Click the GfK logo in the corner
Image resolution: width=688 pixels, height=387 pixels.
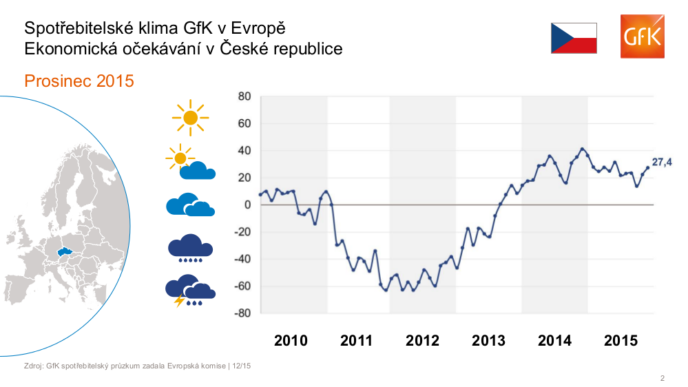642,37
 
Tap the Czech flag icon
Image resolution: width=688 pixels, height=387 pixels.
573,38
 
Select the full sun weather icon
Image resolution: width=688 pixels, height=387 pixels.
190,118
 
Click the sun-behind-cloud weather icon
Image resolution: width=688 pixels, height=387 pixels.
190,163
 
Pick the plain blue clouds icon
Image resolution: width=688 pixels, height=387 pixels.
190,205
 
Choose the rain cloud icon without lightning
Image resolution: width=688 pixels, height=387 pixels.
190,248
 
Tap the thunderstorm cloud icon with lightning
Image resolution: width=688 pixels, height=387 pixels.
190,291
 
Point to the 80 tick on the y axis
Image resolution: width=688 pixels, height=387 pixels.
244,96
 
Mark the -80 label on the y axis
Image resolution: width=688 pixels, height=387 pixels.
242,313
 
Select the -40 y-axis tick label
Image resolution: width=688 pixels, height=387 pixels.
242,260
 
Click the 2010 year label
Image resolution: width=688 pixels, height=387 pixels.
291,341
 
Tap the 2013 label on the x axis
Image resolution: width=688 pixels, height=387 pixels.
488,341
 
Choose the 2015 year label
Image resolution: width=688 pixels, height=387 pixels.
621,341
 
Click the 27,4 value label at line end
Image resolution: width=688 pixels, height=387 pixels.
662,163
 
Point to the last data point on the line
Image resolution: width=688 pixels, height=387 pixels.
647,167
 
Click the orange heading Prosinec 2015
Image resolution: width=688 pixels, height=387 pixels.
79,81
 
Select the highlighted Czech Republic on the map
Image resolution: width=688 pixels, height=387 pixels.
65,253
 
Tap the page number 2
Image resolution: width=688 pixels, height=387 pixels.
662,378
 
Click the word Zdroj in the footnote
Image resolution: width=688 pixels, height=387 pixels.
32,366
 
